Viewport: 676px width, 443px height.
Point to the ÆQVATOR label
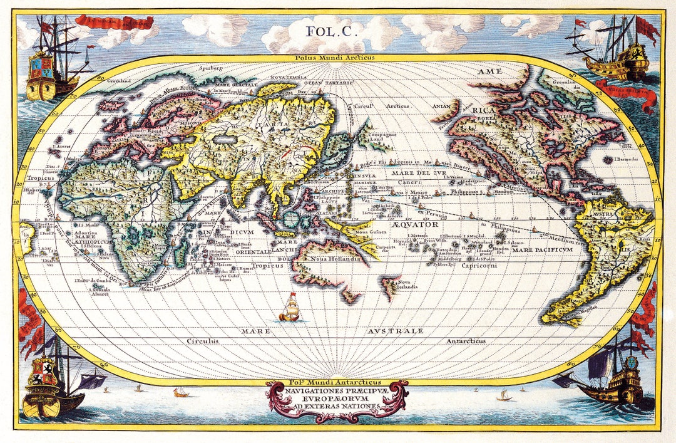click(416, 224)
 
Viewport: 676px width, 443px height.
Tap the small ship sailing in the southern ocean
click(290, 308)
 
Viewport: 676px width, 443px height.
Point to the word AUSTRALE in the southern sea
click(395, 330)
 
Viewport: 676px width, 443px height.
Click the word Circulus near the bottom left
click(202, 341)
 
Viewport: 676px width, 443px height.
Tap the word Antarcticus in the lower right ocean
click(466, 341)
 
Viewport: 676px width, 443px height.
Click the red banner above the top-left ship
click(114, 22)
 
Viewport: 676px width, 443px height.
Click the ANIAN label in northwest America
click(442, 107)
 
